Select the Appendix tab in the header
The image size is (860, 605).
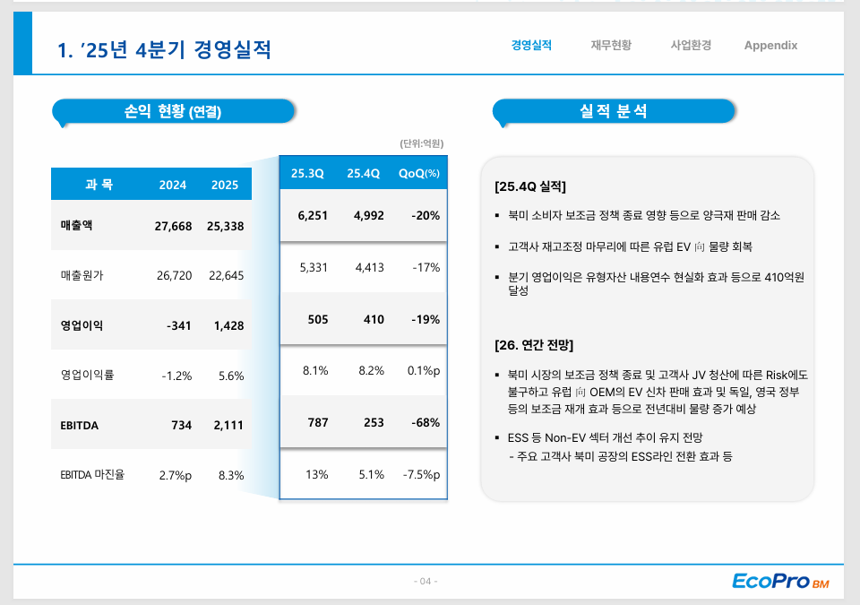tap(770, 46)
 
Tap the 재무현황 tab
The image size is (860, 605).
tap(611, 46)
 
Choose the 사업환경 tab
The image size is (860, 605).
tap(691, 46)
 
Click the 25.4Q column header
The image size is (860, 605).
tap(364, 173)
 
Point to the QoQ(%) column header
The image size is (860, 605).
tap(419, 173)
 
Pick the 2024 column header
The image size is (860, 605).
tap(173, 185)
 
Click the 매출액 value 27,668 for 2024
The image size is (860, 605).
tap(173, 226)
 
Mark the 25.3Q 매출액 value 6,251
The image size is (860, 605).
tap(312, 215)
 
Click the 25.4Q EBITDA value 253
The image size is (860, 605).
tap(374, 422)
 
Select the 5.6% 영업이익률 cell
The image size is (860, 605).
tap(231, 376)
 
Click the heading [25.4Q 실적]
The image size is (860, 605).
tap(530, 187)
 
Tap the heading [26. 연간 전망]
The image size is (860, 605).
tap(534, 345)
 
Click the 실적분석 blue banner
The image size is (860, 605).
tap(614, 111)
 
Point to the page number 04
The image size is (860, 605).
tap(426, 582)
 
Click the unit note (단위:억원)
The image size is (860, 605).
tap(422, 143)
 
